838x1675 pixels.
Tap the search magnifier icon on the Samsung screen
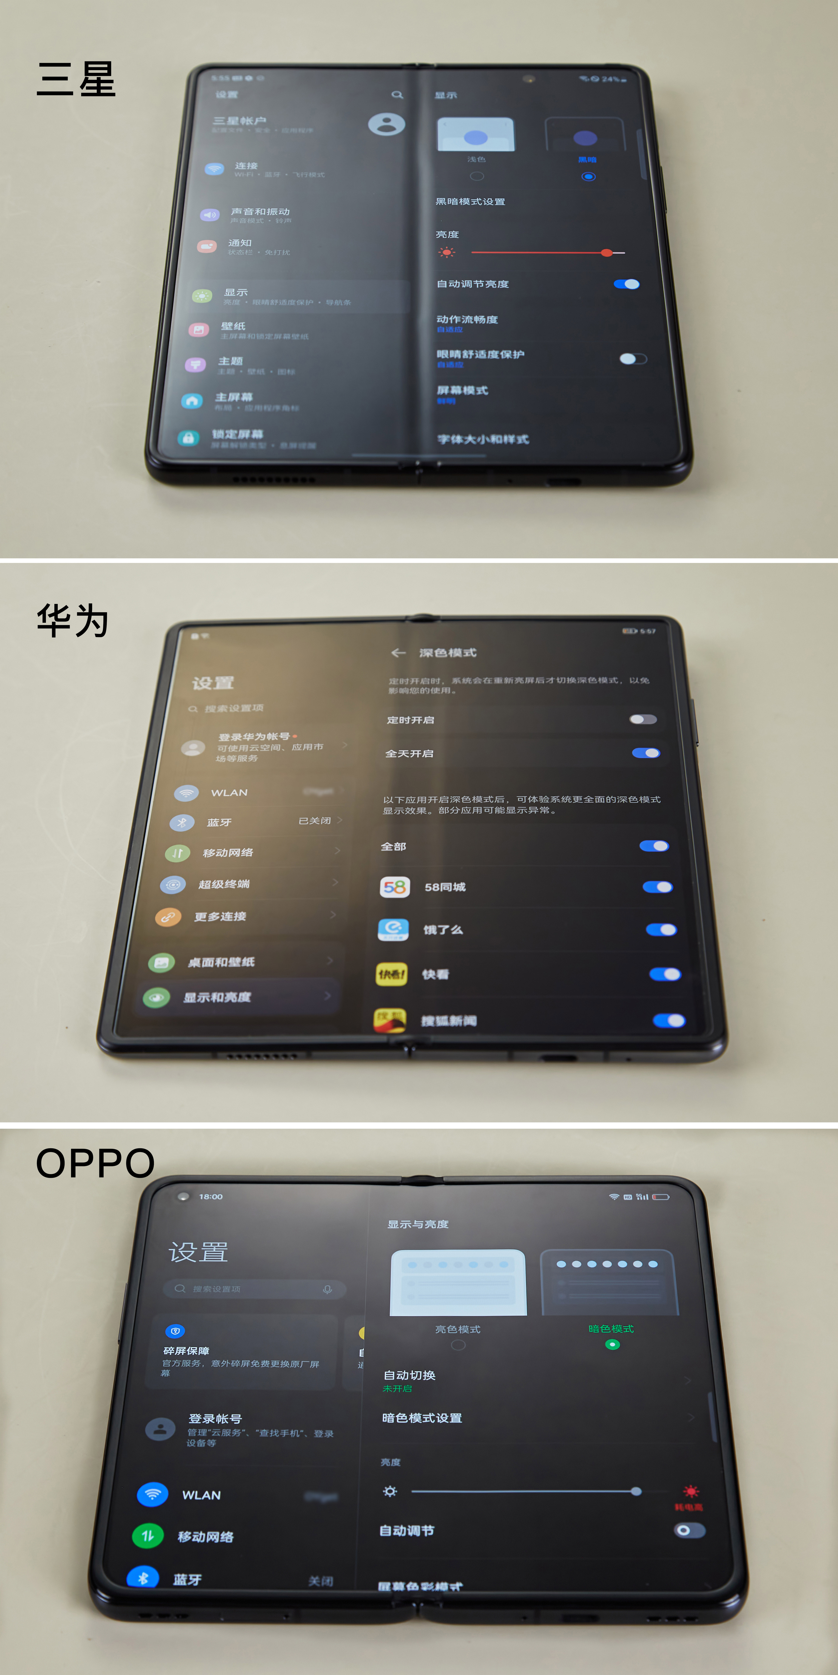(x=397, y=95)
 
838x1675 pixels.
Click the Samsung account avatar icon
(x=386, y=123)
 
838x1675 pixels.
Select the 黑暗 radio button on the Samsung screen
(x=588, y=176)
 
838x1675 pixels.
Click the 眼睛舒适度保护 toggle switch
(x=632, y=359)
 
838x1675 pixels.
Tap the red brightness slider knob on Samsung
(x=606, y=252)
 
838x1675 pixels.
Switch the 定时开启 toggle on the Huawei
(x=643, y=719)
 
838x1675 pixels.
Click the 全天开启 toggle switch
(x=646, y=753)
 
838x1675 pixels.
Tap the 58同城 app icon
(x=394, y=887)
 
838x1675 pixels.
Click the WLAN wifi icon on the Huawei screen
(x=186, y=793)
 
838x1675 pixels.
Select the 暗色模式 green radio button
(x=612, y=1344)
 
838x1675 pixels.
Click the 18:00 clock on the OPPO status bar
(x=211, y=1196)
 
